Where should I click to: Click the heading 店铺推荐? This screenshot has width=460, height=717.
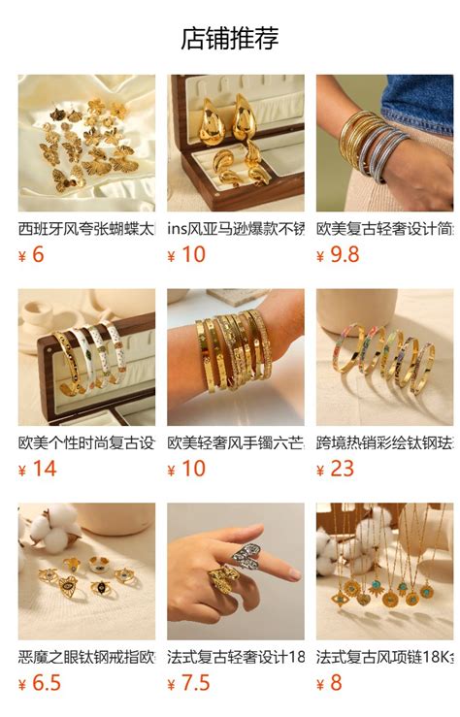coord(230,38)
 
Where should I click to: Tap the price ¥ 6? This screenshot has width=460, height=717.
coord(31,255)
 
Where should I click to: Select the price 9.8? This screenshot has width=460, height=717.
coord(345,255)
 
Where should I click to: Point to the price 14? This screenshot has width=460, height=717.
coord(45,469)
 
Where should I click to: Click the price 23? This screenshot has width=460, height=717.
coord(342,469)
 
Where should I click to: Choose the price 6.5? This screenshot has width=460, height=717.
coord(47,683)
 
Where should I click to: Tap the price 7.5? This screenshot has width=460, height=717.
coord(196,683)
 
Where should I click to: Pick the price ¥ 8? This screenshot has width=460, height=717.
coord(329,683)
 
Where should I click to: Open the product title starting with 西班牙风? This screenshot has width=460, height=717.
coord(86,228)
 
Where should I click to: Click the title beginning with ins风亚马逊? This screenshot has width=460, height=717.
coord(236,228)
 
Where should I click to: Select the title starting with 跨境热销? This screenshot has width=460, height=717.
coord(384,442)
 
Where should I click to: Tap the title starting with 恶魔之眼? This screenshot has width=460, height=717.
coord(86,657)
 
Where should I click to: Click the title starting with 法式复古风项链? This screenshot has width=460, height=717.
coord(384,657)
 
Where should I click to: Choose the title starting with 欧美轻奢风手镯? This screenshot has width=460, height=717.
coord(236,442)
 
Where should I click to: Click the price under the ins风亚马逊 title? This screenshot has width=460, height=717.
coord(186,255)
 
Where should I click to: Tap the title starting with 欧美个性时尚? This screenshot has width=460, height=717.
coord(86,442)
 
